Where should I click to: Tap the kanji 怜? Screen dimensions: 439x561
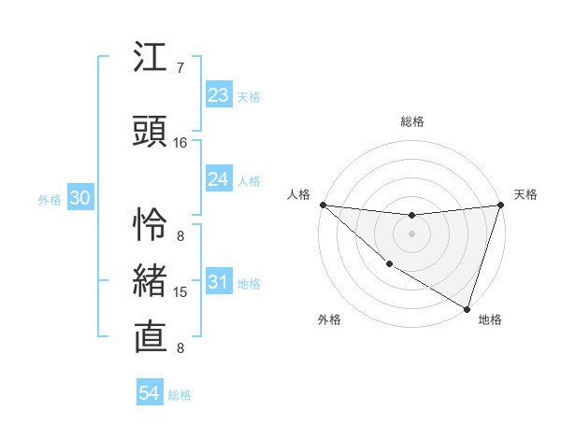pyautogui.click(x=151, y=221)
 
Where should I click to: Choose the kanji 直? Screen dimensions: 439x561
pyautogui.click(x=151, y=336)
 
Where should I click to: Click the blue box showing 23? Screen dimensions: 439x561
pyautogui.click(x=219, y=95)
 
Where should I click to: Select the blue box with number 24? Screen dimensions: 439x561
pyautogui.click(x=219, y=179)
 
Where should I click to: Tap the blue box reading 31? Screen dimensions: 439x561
pyautogui.click(x=219, y=283)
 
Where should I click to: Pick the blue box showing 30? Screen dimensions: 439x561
pyautogui.click(x=79, y=199)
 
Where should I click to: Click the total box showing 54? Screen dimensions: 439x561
pyautogui.click(x=150, y=393)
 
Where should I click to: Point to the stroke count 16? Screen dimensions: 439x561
pyautogui.click(x=180, y=143)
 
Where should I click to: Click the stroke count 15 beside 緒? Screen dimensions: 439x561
pyautogui.click(x=180, y=292)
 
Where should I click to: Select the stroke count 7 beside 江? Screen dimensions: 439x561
pyautogui.click(x=180, y=68)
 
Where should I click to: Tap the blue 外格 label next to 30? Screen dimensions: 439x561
pyautogui.click(x=50, y=200)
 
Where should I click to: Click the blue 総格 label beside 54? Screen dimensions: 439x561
pyautogui.click(x=180, y=395)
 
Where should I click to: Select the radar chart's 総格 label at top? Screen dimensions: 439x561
pyautogui.click(x=411, y=121)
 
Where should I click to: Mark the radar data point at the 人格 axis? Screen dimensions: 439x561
pyautogui.click(x=323, y=205)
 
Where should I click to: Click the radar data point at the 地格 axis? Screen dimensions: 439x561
pyautogui.click(x=467, y=308)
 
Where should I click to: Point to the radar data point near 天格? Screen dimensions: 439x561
pyautogui.click(x=500, y=205)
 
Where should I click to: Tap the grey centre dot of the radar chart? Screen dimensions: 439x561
pyautogui.click(x=411, y=234)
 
